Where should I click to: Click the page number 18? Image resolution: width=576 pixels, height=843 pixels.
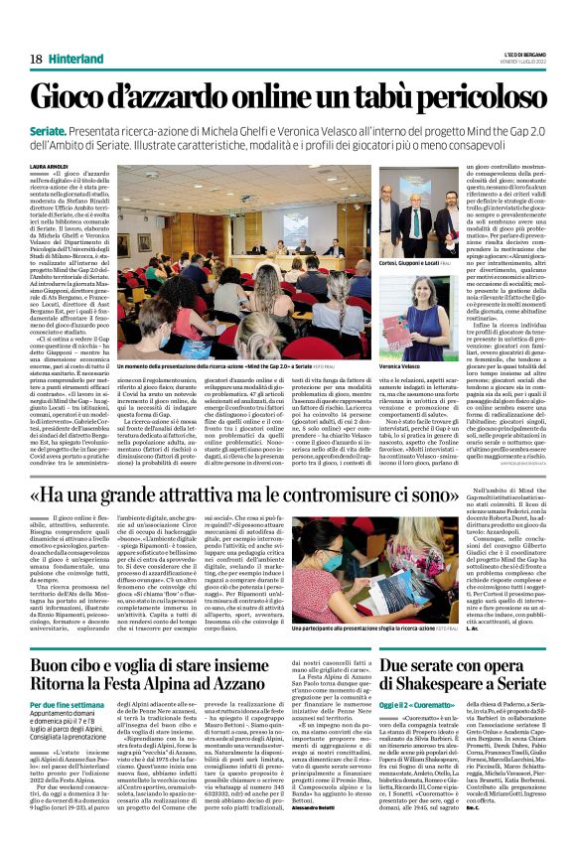point(36,60)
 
